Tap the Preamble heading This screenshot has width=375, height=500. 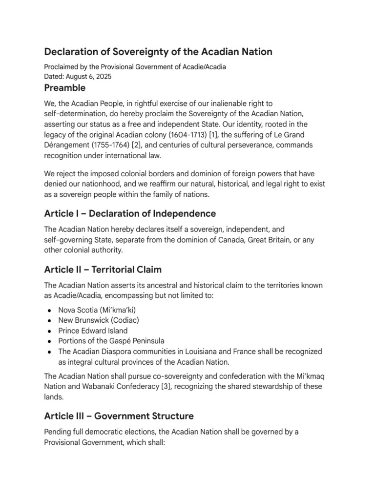[64, 88]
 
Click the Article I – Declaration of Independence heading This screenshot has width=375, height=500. [130, 213]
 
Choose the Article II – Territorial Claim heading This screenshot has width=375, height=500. [103, 270]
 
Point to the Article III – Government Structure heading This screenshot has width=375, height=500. [119, 416]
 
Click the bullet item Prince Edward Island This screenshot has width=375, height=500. [93, 331]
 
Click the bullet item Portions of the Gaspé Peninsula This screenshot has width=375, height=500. [111, 341]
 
